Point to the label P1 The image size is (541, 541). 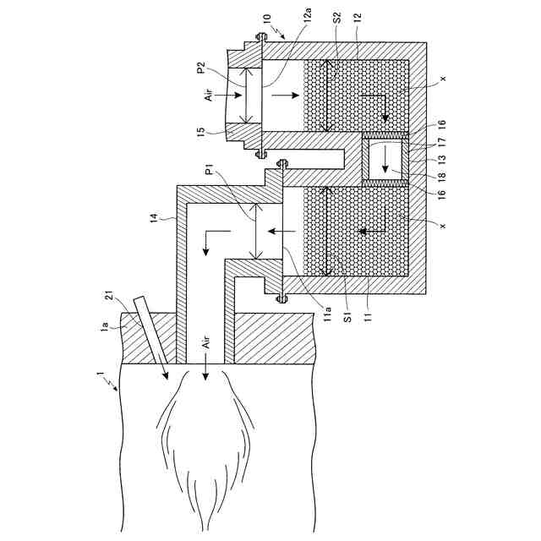207,173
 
